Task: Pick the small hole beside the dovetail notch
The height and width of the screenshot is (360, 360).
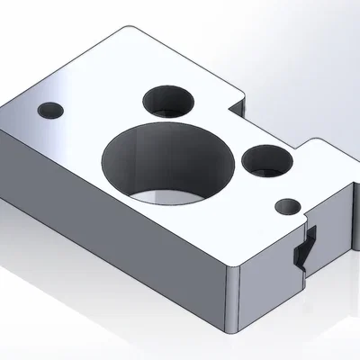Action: (x=289, y=205)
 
